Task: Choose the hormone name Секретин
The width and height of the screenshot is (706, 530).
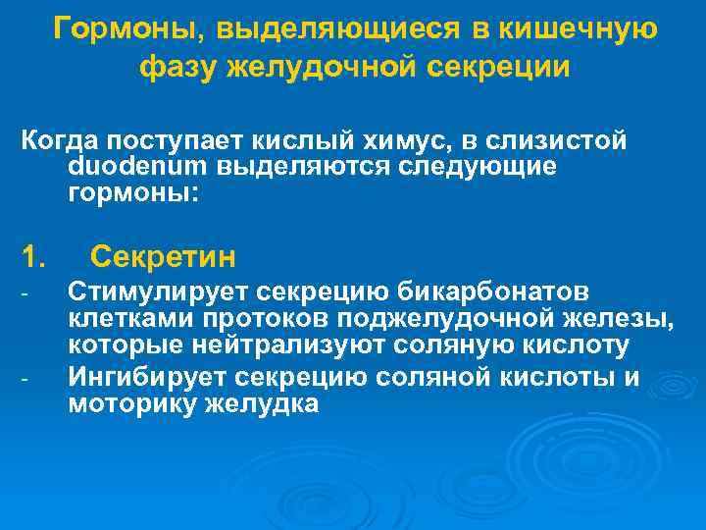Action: [x=163, y=258]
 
